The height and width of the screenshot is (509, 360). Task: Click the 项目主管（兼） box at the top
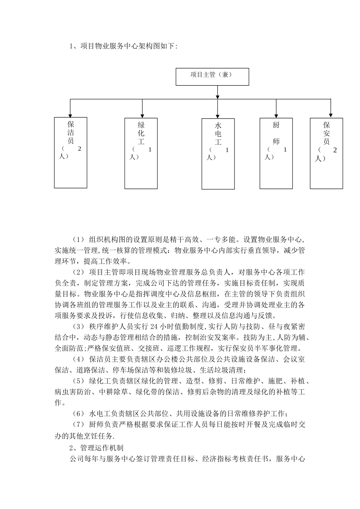point(212,77)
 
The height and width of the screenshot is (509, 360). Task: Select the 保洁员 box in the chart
point(70,152)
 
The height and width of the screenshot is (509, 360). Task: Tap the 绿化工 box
point(141,153)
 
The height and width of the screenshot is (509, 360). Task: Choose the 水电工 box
point(218,154)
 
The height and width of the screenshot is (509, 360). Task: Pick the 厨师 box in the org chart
point(276,153)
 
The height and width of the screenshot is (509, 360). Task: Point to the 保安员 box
point(326,153)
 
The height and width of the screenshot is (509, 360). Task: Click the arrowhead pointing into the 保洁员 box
point(70,115)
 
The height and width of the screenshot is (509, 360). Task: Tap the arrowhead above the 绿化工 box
point(142,116)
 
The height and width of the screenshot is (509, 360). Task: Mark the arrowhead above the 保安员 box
point(331,115)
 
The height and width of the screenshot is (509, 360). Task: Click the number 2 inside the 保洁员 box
point(80,148)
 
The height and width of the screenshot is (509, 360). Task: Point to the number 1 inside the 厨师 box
point(285,149)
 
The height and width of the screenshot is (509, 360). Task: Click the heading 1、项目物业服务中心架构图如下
point(123,46)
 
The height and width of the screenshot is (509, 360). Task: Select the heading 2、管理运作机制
point(97,448)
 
